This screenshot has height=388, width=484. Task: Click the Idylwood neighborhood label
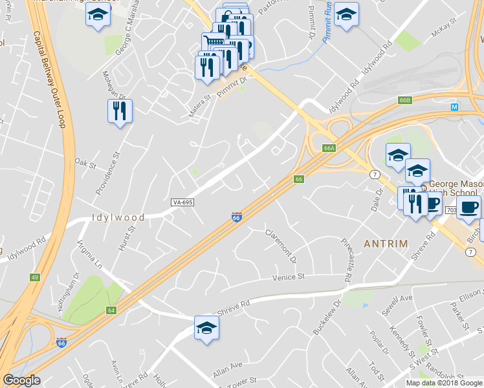[118, 217]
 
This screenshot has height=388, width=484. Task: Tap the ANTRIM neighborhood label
[386, 244]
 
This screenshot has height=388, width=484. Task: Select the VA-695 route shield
[183, 202]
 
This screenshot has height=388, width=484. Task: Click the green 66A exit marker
[329, 149]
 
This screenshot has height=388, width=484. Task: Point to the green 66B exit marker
[405, 100]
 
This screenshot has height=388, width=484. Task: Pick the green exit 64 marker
[111, 311]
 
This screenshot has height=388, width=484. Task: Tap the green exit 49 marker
[34, 277]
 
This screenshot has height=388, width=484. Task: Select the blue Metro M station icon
[454, 107]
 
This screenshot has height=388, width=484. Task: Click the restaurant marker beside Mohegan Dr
[120, 111]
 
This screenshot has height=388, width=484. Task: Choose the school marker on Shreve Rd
[206, 329]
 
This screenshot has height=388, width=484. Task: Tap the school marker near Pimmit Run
[347, 16]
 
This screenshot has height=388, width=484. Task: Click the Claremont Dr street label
[281, 246]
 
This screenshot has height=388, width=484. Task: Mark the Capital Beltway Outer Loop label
[49, 78]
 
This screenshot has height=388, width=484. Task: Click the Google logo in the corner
[22, 380]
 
